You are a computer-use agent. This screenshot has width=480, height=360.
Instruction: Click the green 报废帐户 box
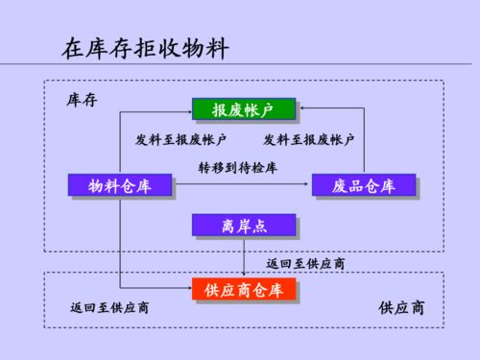[x=242, y=109]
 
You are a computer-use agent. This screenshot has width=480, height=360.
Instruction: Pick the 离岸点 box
[x=243, y=226]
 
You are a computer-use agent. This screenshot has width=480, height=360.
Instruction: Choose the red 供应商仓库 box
[x=243, y=289]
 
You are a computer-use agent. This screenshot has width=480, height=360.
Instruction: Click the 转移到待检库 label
[x=237, y=167]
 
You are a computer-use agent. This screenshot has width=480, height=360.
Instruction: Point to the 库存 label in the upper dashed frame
[x=81, y=100]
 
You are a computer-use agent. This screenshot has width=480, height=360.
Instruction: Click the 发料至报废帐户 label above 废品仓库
[x=309, y=140]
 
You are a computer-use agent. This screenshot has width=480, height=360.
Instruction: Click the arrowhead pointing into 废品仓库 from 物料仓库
[x=310, y=184]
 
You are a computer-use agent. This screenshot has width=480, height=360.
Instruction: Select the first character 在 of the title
[x=71, y=46]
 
